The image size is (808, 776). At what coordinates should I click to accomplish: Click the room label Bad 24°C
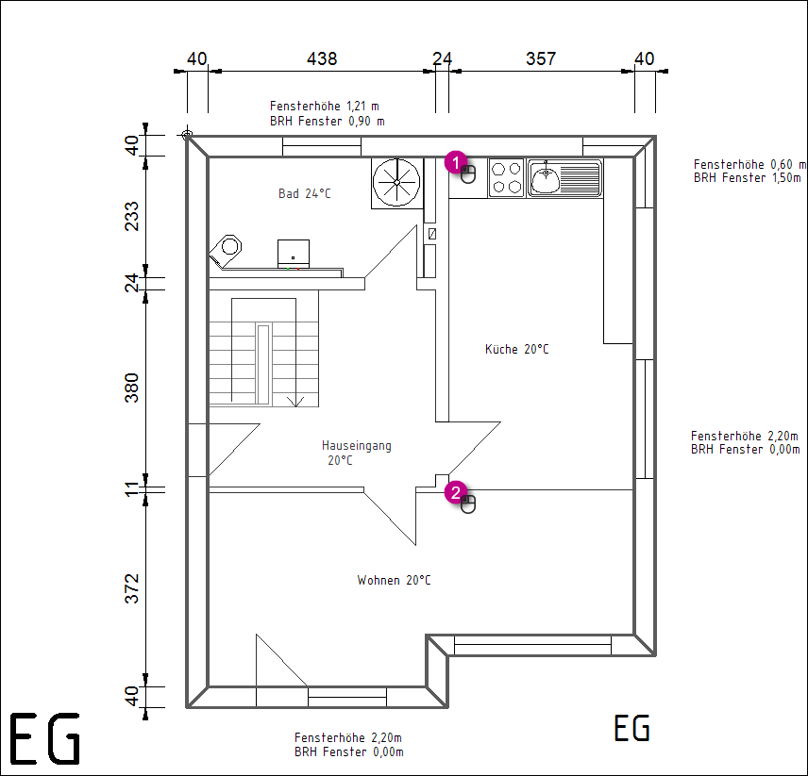305,193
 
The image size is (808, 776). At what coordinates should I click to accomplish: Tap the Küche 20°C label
517,349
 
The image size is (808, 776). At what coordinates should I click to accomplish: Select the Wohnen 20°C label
394,580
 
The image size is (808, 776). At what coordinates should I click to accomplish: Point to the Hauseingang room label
357,446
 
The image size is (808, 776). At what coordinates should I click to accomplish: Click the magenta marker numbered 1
456,162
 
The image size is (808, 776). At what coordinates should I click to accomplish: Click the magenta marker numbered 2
456,492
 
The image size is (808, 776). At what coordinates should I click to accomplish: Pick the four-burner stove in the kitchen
506,177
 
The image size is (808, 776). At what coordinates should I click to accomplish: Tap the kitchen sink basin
546,178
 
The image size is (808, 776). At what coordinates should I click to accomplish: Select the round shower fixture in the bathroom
396,182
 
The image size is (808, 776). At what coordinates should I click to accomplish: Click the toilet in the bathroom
227,250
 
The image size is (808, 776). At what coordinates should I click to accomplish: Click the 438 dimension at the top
322,58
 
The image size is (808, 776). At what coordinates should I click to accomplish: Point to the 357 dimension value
541,58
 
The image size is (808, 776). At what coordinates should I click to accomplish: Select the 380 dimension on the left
132,388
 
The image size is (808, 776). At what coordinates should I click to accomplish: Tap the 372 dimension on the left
132,588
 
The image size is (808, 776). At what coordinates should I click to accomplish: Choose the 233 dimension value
132,216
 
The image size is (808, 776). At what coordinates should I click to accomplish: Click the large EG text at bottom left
45,738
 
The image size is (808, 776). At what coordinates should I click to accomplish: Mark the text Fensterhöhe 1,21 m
325,106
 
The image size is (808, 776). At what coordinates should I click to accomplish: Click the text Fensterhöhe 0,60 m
749,164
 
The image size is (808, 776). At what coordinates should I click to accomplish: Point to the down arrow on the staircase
295,402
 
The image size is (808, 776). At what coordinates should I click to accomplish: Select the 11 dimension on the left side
132,488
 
